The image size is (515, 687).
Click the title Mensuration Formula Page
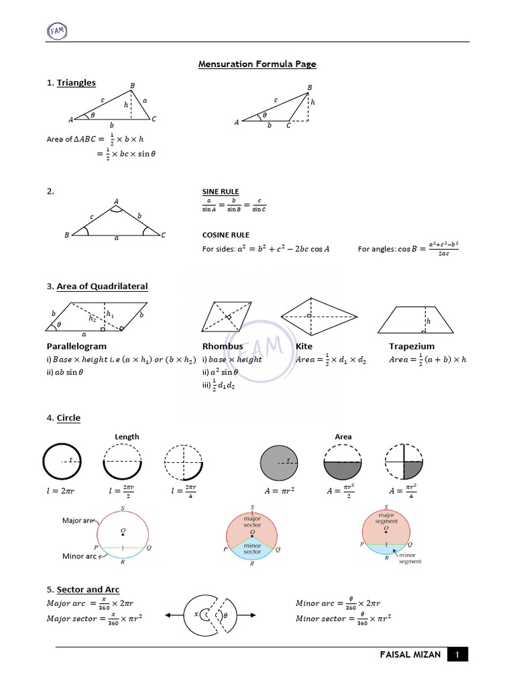tap(257, 64)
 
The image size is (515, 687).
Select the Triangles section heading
tap(76, 83)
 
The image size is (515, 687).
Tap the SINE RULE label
tap(221, 191)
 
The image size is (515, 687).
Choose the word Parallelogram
tap(76, 346)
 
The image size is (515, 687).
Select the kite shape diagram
tap(309, 315)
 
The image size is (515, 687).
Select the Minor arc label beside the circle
tap(79, 556)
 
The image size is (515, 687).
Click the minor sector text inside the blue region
tap(251, 549)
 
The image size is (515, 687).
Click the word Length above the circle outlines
tap(127, 437)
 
